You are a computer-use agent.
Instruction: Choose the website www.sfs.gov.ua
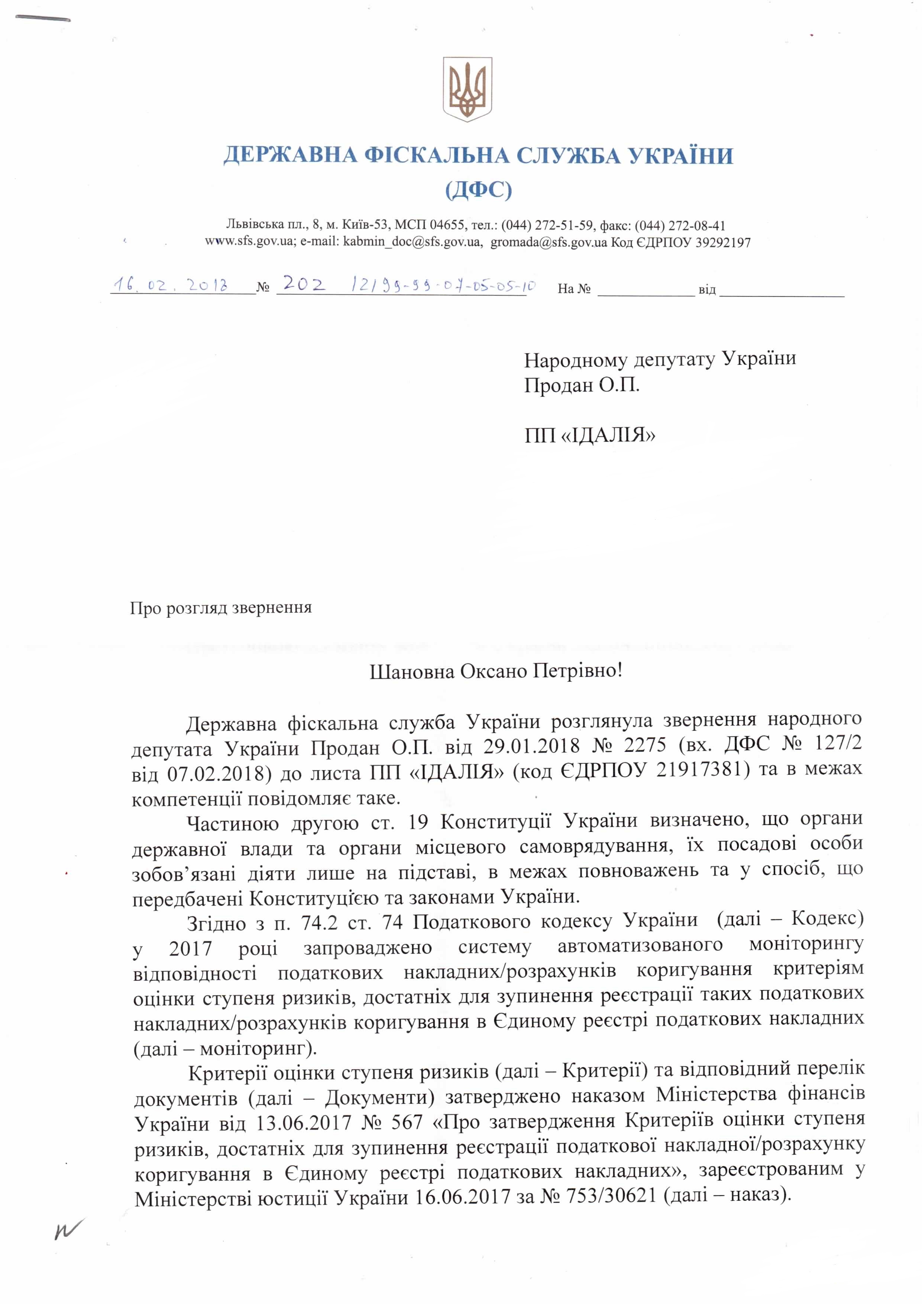tap(249, 243)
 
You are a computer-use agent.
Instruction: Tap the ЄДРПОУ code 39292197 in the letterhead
tap(722, 243)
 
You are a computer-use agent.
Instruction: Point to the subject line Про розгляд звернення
tap(221, 608)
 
